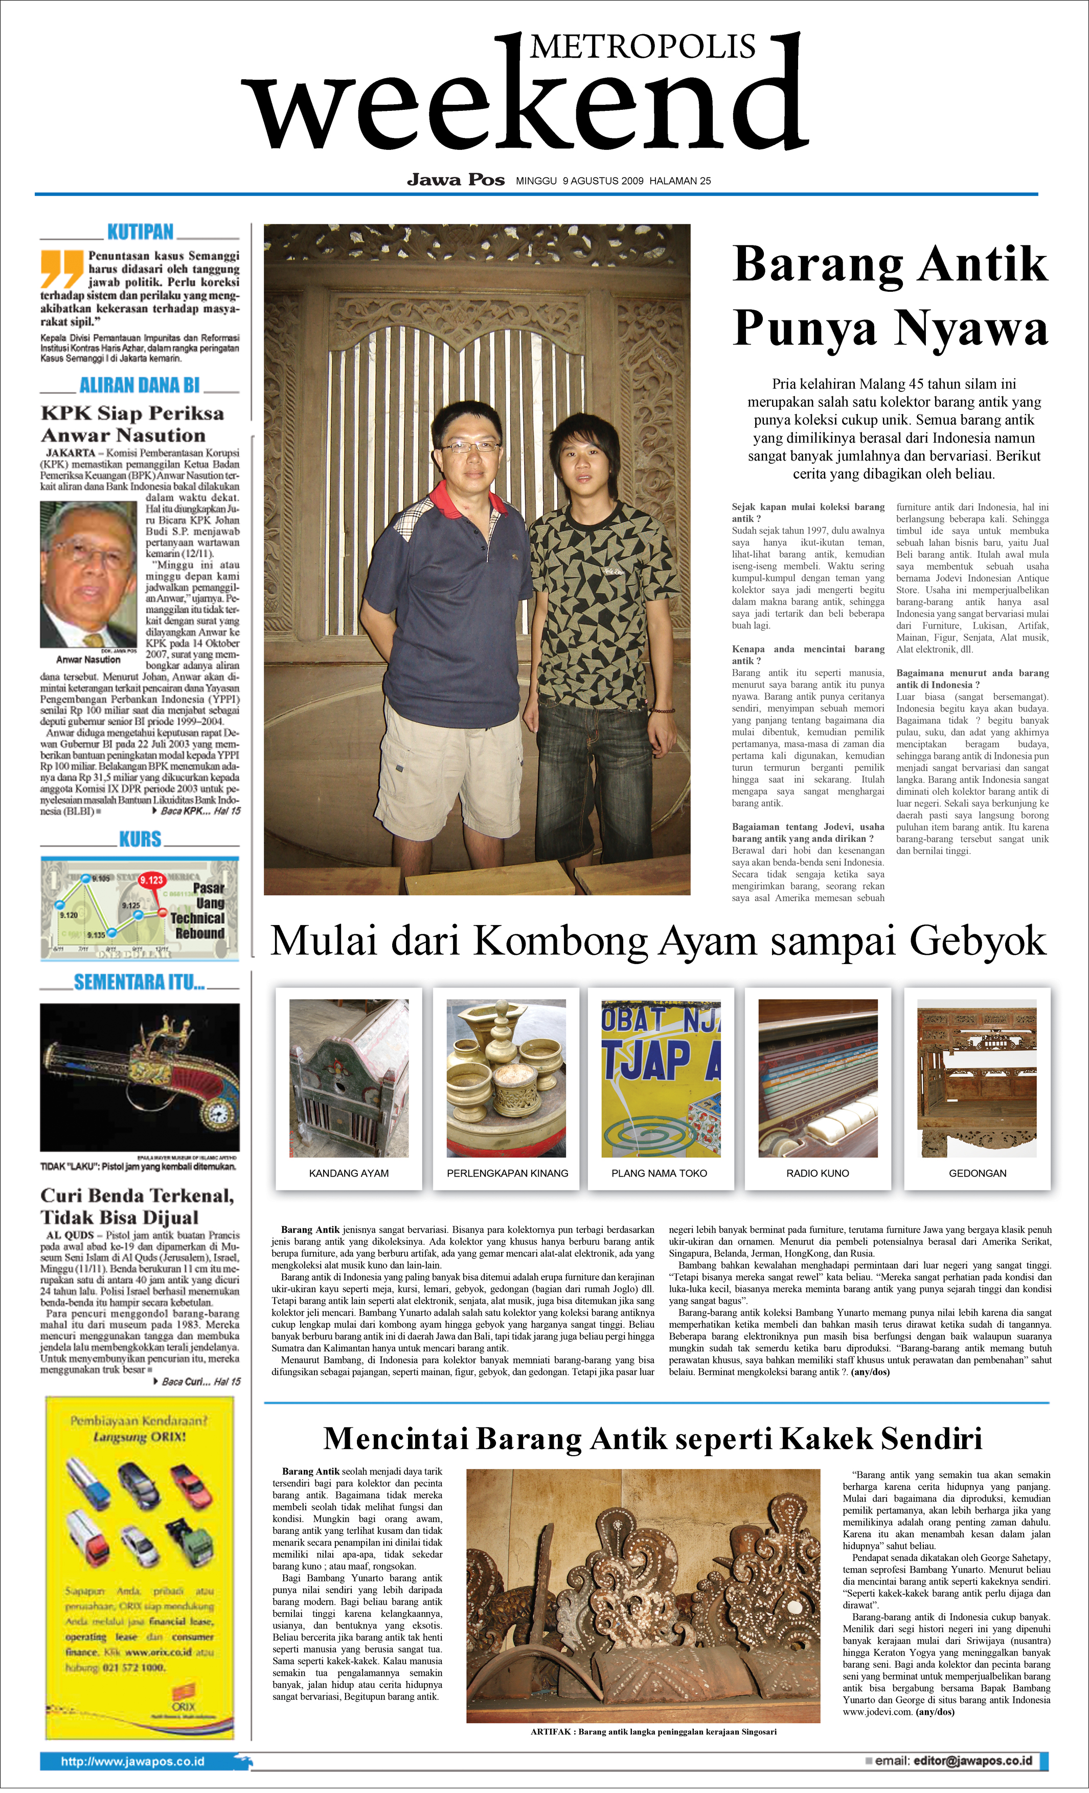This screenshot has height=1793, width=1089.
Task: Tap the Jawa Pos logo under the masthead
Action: coord(456,180)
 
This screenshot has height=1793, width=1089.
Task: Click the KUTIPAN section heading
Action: coord(141,232)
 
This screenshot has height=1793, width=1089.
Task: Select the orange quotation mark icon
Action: coord(61,268)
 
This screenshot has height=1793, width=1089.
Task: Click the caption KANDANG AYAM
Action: coord(349,1173)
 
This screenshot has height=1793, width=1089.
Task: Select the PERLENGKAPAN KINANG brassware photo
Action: coord(506,1078)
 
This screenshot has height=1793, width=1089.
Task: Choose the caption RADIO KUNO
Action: coord(818,1173)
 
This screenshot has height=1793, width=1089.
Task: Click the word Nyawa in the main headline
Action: coord(970,328)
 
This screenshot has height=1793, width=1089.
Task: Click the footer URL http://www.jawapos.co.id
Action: coord(132,1762)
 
